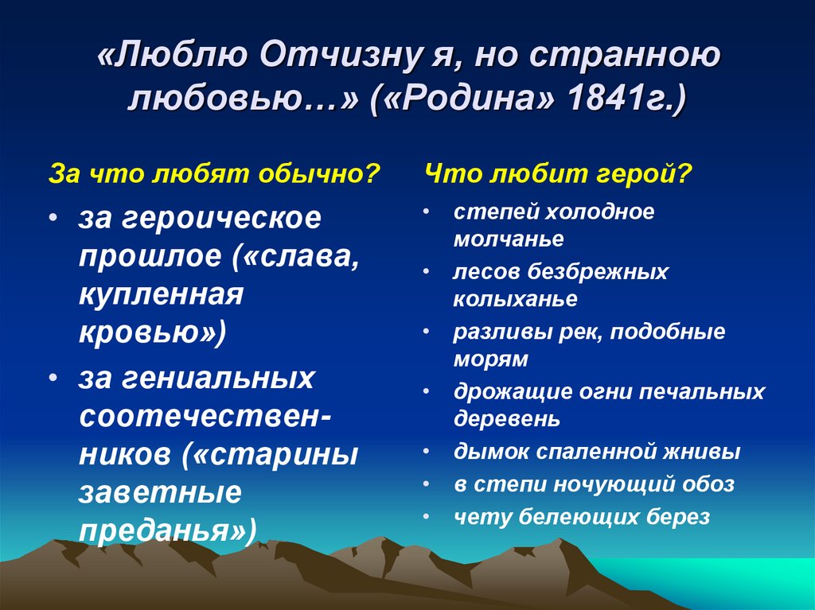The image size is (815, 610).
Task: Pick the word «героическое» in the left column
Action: point(222,218)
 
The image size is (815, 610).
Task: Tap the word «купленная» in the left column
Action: point(161,294)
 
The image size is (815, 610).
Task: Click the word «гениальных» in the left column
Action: point(218,378)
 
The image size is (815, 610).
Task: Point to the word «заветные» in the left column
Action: point(160,492)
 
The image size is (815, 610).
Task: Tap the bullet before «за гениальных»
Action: point(53,377)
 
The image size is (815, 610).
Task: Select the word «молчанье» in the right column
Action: point(509,239)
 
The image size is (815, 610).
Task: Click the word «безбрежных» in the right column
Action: point(598,272)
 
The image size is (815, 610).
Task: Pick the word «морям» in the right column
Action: point(490,359)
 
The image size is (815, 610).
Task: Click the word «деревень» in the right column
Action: point(507,419)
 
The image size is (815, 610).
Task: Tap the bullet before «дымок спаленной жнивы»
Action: point(427,452)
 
